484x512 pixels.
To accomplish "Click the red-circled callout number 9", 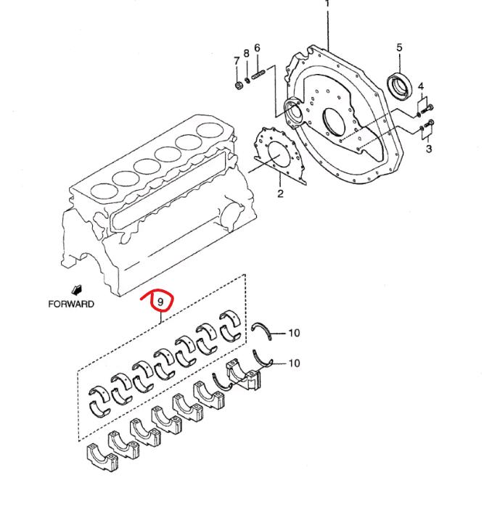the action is [160, 302].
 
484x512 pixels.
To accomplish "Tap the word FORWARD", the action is [71, 304].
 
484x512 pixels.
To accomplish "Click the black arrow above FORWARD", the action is [77, 290].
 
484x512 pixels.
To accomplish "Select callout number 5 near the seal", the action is [399, 47].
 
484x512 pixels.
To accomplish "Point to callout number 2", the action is [280, 194].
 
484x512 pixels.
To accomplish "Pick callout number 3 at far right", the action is [429, 149].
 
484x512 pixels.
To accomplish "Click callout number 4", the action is [421, 86].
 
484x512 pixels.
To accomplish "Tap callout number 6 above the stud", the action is [257, 48].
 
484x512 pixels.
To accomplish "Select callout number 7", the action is [237, 61].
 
